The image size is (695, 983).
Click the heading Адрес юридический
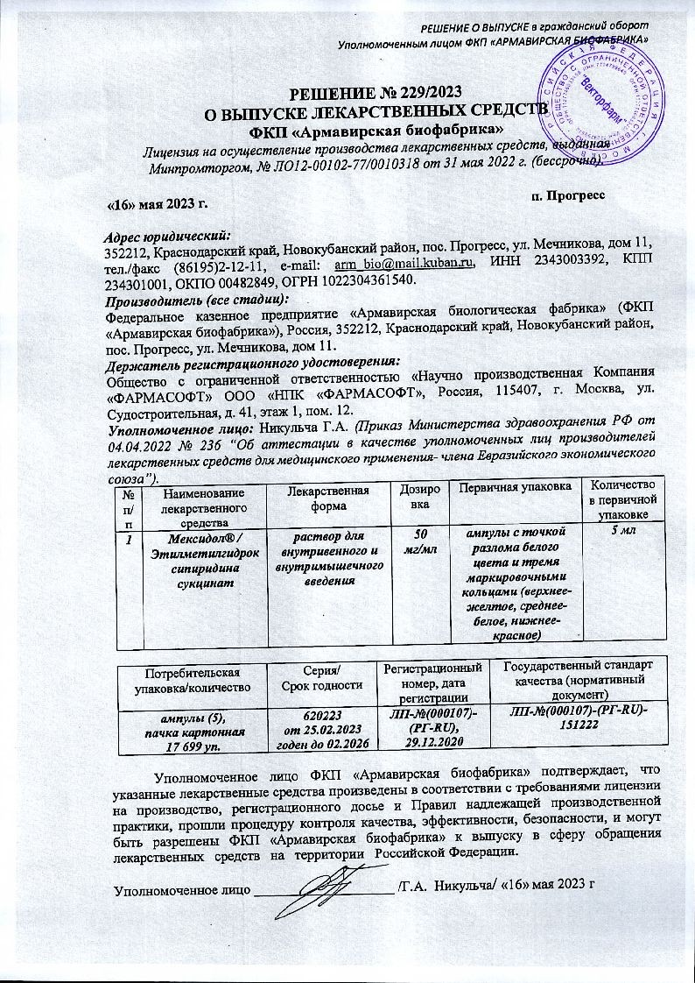point(165,235)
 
